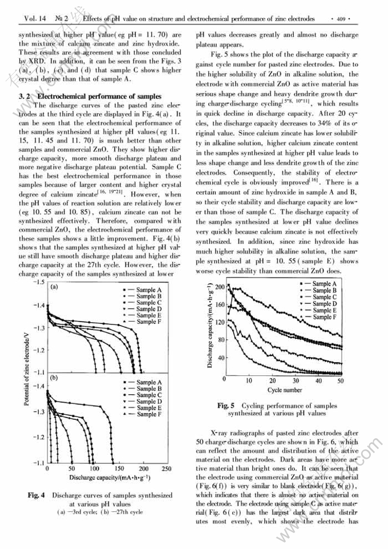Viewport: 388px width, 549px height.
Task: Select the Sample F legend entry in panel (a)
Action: [149, 322]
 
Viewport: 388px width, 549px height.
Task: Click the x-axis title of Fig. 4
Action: [110, 477]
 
